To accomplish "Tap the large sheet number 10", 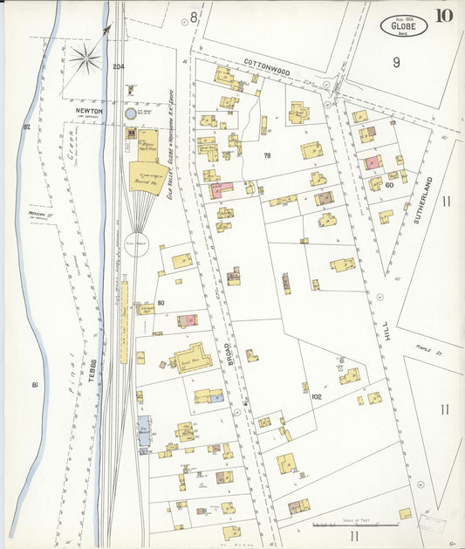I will tap(445, 15).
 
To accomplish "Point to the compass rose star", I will tap(85, 59).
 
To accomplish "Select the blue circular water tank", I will tap(131, 113).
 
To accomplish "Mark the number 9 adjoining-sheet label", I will tap(395, 61).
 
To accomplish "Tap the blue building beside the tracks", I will tap(144, 432).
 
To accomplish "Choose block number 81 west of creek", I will tap(35, 384).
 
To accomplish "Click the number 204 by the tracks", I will tap(119, 67).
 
